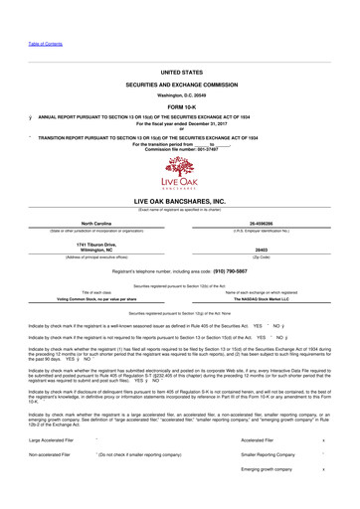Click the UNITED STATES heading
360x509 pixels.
pyautogui.click(x=179, y=73)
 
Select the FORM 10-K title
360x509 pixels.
pyautogui.click(x=179, y=106)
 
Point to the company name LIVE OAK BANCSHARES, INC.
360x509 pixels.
pyautogui.click(x=179, y=200)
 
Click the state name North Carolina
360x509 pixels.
pyautogui.click(x=94, y=224)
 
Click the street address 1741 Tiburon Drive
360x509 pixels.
pyautogui.click(x=94, y=243)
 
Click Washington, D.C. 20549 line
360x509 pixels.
pyautogui.click(x=179, y=95)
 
